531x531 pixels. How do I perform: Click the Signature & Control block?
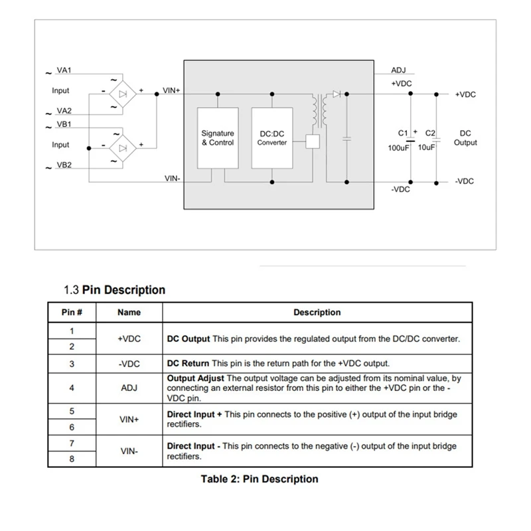pyautogui.click(x=218, y=138)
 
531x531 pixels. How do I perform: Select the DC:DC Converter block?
pyautogui.click(x=272, y=138)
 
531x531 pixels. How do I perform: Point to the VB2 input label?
pyautogui.click(x=64, y=165)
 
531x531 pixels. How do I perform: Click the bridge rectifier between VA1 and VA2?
pyautogui.click(x=122, y=94)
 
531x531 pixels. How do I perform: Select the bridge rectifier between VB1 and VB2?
pyautogui.click(x=122, y=146)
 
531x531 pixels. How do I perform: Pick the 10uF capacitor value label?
pyautogui.click(x=426, y=147)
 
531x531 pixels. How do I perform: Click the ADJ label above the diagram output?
pyautogui.click(x=398, y=70)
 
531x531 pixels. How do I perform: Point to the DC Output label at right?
pyautogui.click(x=465, y=138)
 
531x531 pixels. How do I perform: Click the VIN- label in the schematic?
pyautogui.click(x=172, y=179)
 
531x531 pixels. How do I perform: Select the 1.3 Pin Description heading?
pyautogui.click(x=114, y=290)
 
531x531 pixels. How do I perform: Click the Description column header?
pyautogui.click(x=317, y=312)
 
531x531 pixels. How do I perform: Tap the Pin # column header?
pyautogui.click(x=72, y=312)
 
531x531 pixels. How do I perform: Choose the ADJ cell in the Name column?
pyautogui.click(x=129, y=388)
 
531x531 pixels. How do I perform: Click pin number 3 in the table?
pyautogui.click(x=72, y=364)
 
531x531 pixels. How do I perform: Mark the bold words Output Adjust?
pyautogui.click(x=194, y=378)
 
